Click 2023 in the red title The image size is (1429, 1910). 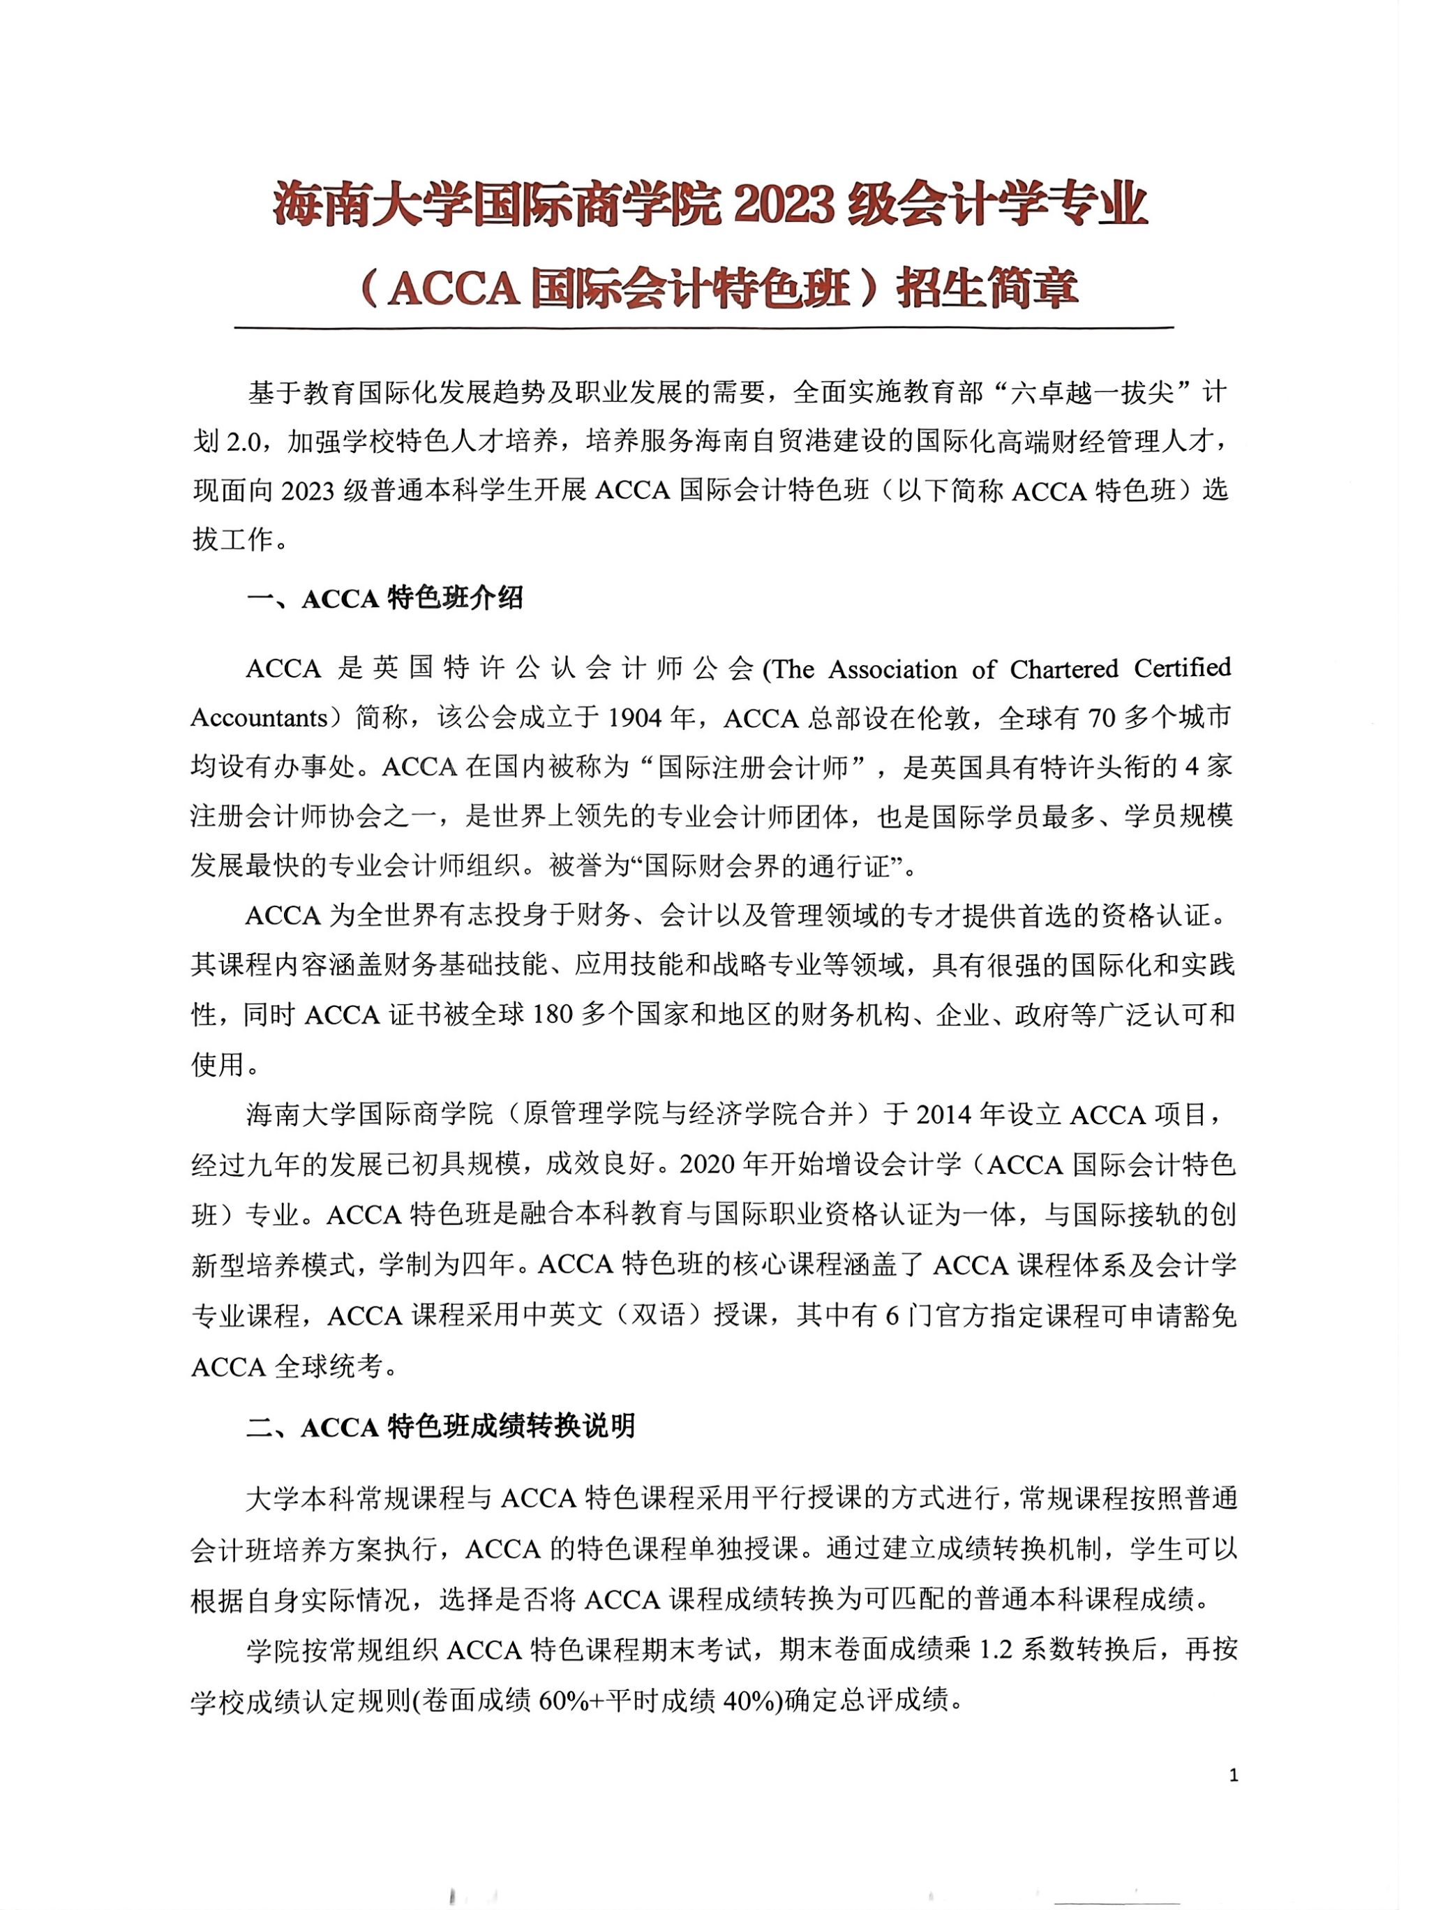pos(784,205)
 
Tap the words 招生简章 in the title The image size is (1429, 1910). pos(987,288)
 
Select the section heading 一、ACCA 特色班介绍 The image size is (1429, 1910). pos(385,598)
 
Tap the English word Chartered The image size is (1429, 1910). pos(1064,669)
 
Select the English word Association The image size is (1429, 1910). pos(893,669)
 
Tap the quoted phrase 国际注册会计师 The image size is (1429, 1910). pos(753,768)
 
